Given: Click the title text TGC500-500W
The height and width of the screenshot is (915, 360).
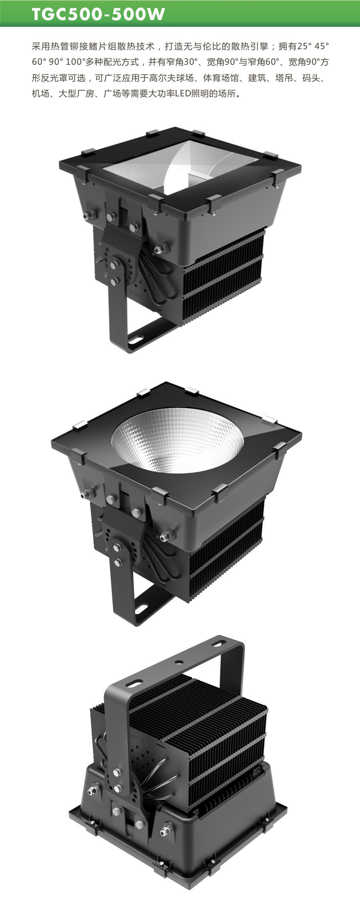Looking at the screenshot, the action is [98, 14].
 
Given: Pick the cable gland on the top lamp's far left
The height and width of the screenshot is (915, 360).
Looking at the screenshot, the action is [87, 215].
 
